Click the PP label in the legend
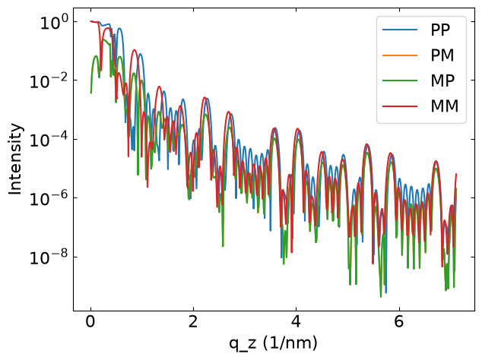tap(440, 30)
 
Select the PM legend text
tap(442, 55)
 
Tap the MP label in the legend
tap(442, 81)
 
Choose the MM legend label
tap(445, 106)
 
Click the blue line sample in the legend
tap(400, 30)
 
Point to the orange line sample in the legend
tap(400, 55)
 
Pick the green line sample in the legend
tap(400, 81)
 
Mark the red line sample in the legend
tap(400, 106)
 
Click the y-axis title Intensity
tap(15, 159)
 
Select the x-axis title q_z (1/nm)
tap(273, 343)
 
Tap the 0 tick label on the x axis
tap(90, 321)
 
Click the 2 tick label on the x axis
tap(193, 321)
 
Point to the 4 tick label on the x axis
tap(296, 321)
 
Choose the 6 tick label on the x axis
tap(398, 321)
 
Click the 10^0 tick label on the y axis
tap(54, 22)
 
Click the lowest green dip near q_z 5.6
tap(381, 297)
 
